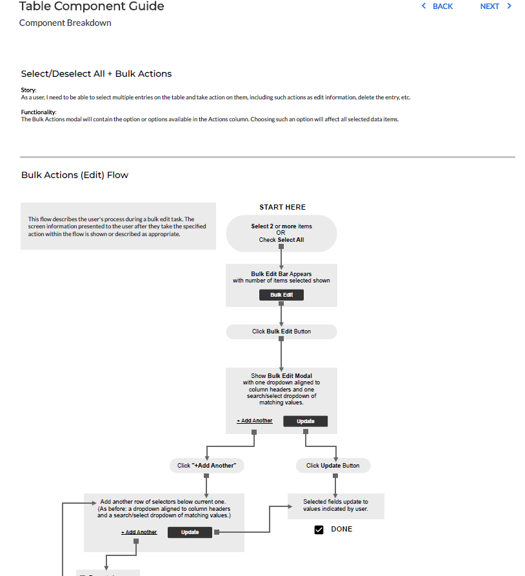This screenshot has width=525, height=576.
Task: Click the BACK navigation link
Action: coord(437,6)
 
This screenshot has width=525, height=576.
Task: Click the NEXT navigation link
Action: coord(495,6)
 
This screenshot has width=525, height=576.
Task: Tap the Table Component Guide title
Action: coord(92,6)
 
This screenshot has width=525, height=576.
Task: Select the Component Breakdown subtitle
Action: coord(65,23)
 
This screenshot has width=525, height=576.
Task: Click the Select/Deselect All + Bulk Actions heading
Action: coord(96,74)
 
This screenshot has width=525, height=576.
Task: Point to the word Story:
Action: coord(28,90)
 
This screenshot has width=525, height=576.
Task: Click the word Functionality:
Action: coord(39,112)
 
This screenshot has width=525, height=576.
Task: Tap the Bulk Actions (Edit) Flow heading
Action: coord(75,175)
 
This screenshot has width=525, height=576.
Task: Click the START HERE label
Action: coord(282,208)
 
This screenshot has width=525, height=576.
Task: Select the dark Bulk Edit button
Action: coord(281,295)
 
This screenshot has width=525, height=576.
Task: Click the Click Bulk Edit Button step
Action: coord(281,332)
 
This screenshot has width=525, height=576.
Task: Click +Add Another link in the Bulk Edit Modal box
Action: coord(255,421)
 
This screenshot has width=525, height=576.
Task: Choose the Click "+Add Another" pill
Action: coord(206,466)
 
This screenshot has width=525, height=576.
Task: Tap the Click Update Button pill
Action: coord(333,466)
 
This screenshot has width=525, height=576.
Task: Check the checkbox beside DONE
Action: coord(319,530)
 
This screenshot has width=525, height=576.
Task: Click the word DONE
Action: coord(342,530)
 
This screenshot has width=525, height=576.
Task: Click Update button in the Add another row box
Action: coord(190,533)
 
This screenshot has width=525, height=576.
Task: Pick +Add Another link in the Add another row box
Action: coord(139,533)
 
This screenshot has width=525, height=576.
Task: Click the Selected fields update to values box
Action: coord(336,506)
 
